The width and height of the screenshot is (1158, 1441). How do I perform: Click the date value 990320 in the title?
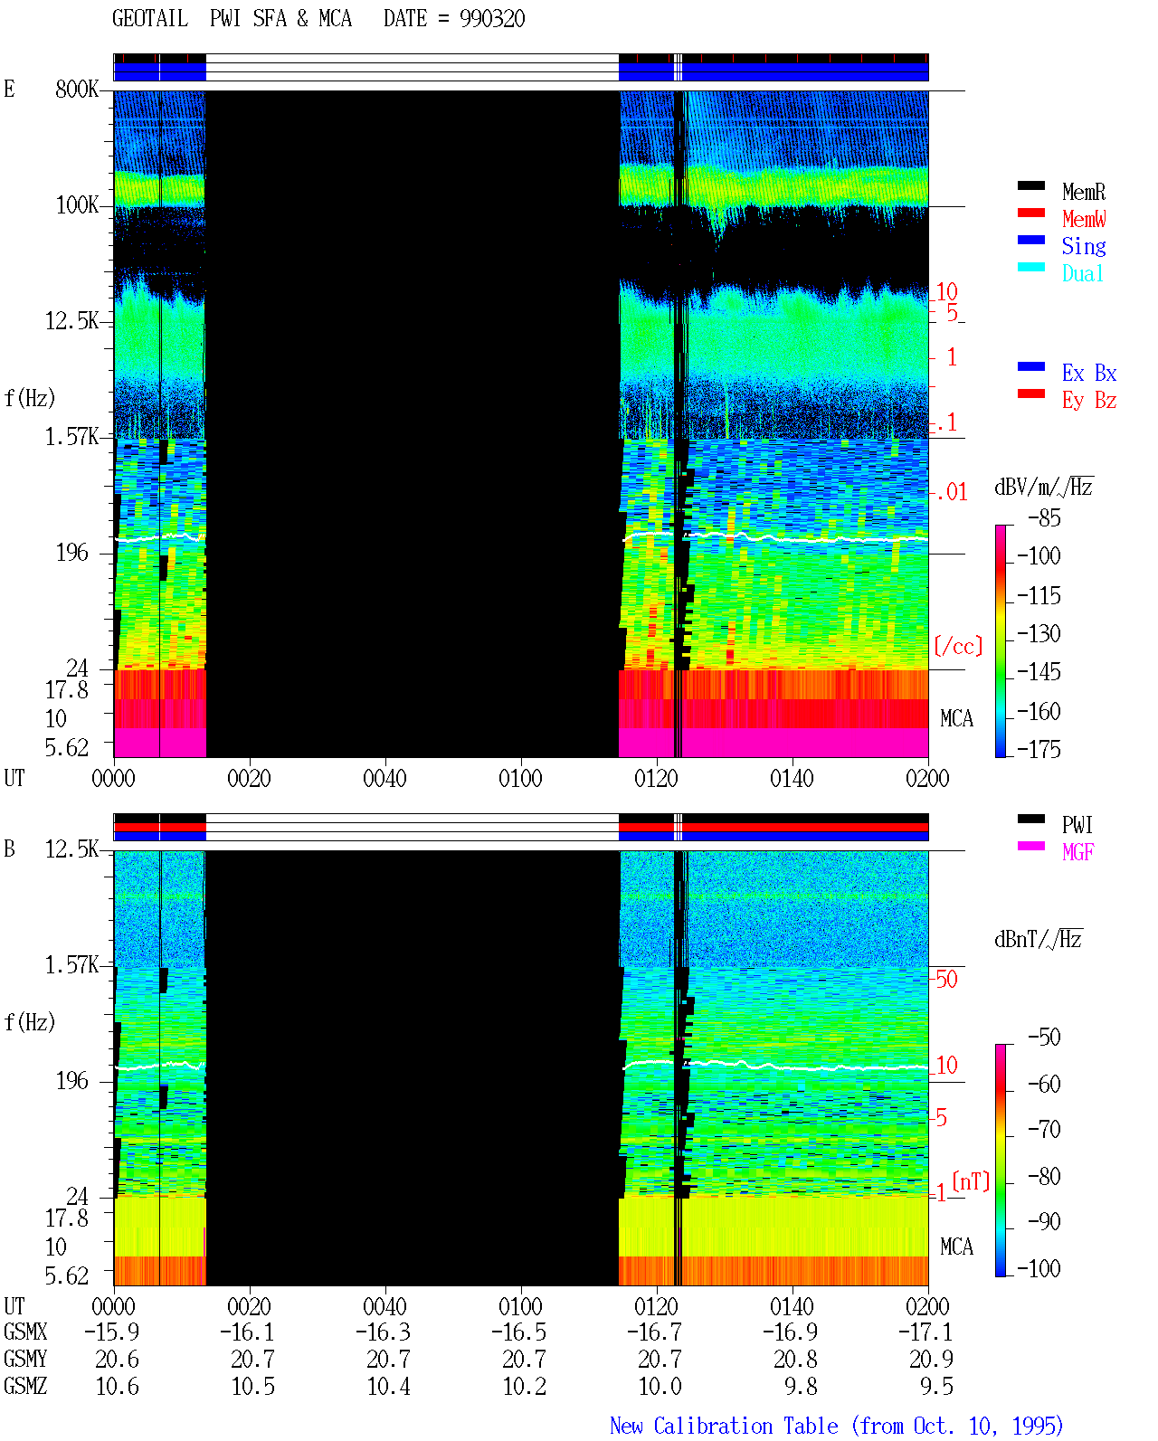pos(492,19)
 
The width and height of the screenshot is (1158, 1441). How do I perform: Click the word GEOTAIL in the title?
pos(150,19)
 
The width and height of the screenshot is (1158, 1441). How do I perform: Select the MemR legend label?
pos(1084,192)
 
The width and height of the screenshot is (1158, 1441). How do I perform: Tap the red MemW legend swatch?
pos(1031,213)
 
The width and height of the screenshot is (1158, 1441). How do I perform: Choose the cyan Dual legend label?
pos(1083,273)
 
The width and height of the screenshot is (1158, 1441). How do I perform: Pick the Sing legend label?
pos(1084,246)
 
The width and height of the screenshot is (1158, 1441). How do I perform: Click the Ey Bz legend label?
pos(1089,400)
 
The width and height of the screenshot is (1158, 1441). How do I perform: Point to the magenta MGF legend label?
pos(1078,852)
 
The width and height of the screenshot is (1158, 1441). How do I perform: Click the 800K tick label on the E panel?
pos(77,89)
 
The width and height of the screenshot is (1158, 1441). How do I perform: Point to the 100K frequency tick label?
pos(77,205)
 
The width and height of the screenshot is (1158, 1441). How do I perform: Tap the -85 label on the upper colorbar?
pos(1044,518)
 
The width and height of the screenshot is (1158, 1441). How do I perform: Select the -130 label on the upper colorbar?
pos(1039,633)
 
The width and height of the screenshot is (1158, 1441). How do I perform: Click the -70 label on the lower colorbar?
pos(1044,1130)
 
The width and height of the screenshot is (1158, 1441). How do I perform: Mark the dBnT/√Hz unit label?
pos(1039,939)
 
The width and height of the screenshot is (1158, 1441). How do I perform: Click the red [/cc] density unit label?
pos(958,646)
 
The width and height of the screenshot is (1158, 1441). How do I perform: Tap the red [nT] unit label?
pos(971,1181)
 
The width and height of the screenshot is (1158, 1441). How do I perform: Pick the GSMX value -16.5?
pos(519,1332)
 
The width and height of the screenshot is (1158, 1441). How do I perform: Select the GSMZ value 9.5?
pos(936,1386)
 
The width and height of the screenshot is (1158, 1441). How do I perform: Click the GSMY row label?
pos(25,1359)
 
